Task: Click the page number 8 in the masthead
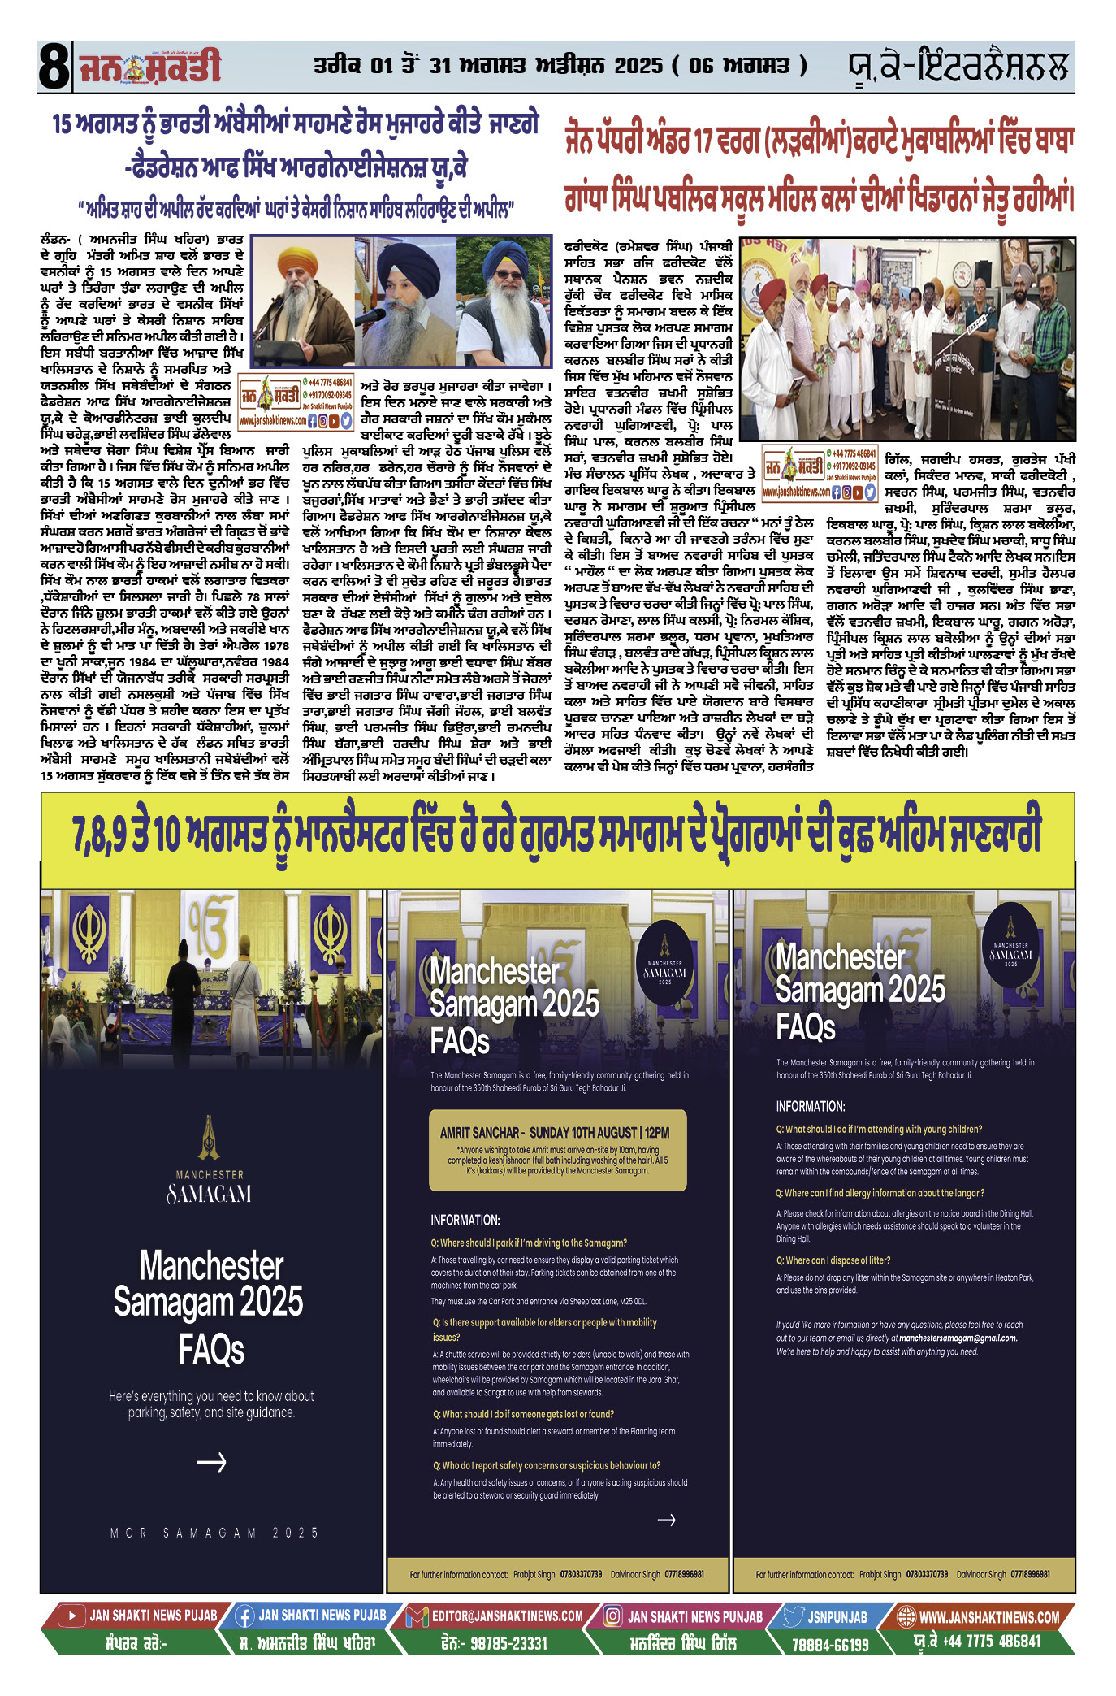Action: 54,67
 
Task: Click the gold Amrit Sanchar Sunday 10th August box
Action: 557,1150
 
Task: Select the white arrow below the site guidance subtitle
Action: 211,1462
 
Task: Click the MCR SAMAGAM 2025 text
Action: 214,1533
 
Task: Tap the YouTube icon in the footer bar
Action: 72,1616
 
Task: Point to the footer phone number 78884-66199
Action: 830,1644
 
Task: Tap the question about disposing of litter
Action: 833,1260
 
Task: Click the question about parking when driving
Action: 529,1243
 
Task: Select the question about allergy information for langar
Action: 880,1193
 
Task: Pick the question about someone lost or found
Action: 523,1414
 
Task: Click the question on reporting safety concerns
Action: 546,1465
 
